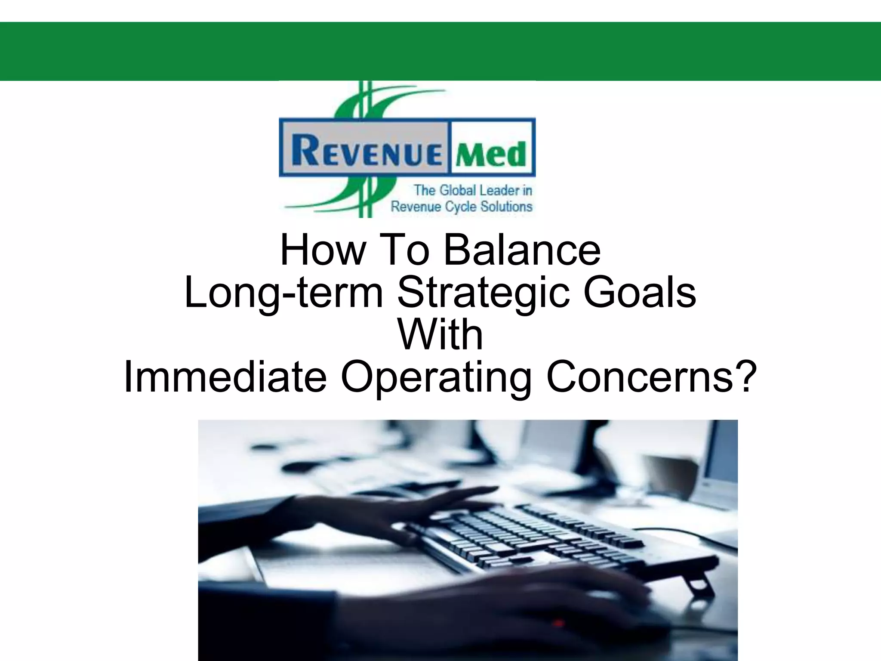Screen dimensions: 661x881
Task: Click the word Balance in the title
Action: click(522, 250)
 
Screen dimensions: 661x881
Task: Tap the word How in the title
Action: click(322, 250)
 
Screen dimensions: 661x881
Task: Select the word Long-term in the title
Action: click(284, 293)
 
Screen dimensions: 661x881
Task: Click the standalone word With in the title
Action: click(440, 335)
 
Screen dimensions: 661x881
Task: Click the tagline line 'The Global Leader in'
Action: click(473, 190)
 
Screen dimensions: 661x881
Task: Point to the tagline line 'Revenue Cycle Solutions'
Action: click(462, 207)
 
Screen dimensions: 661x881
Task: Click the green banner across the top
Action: click(440, 52)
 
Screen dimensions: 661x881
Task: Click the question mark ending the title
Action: click(745, 377)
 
